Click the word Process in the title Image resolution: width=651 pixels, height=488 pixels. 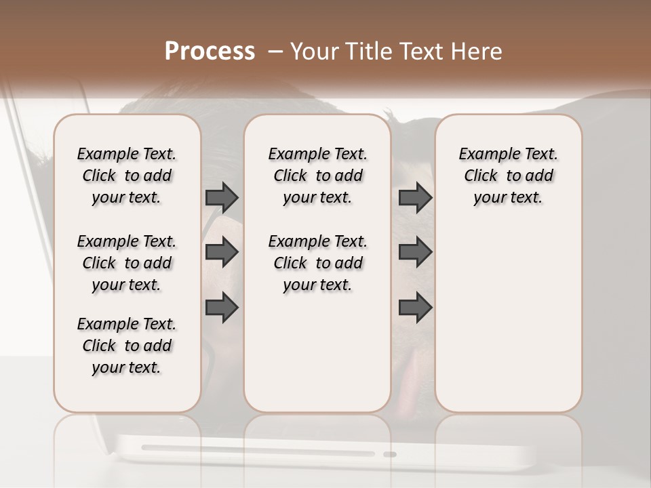[210, 52]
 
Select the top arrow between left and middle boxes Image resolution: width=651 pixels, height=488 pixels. [222, 197]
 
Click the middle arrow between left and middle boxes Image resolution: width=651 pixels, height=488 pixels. [222, 253]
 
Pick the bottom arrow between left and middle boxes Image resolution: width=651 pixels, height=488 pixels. [222, 308]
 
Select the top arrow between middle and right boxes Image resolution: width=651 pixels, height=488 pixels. [415, 197]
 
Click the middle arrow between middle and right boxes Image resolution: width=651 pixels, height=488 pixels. [415, 253]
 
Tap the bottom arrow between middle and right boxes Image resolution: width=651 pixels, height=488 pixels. [415, 308]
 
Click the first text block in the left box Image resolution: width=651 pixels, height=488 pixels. [127, 176]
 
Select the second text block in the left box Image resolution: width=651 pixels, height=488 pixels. [127, 263]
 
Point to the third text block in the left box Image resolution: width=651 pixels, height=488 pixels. [127, 346]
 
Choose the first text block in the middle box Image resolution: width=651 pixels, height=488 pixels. [317, 176]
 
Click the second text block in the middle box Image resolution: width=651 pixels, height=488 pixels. [317, 263]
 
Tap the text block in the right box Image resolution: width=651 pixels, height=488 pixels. [509, 176]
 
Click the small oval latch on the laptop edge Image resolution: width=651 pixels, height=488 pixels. [389, 454]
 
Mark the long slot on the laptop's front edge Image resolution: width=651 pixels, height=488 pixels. [258, 451]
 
